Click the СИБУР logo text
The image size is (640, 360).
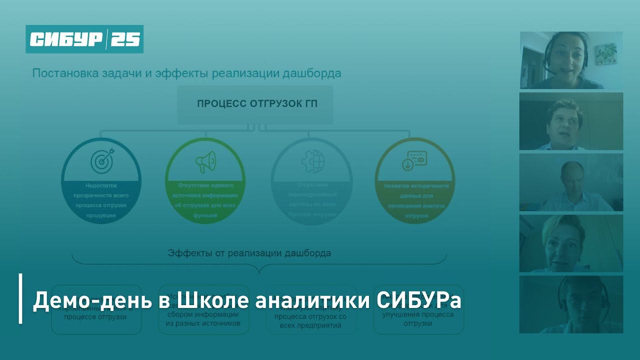66,39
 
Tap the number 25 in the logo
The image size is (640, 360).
125,39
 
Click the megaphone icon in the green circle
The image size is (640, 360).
205,161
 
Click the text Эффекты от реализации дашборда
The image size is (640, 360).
249,253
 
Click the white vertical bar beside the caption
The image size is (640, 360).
20,298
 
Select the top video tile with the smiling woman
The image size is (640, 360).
570,60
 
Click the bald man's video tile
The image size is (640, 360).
570,182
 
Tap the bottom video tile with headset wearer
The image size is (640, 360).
570,304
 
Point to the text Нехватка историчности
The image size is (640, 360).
416,186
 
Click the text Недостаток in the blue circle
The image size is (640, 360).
100,185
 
